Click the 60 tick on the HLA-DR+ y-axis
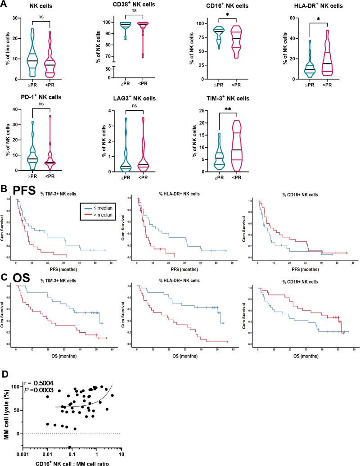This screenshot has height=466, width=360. click(x=291, y=18)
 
